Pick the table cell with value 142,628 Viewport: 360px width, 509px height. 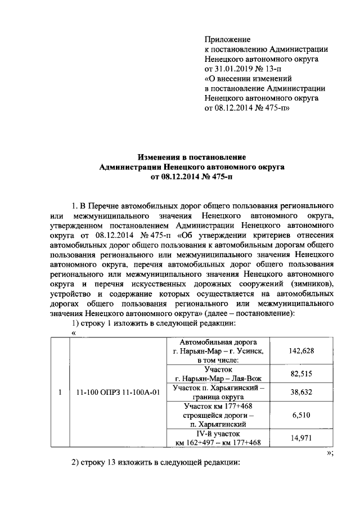301,351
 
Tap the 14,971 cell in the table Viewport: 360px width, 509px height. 301,438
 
